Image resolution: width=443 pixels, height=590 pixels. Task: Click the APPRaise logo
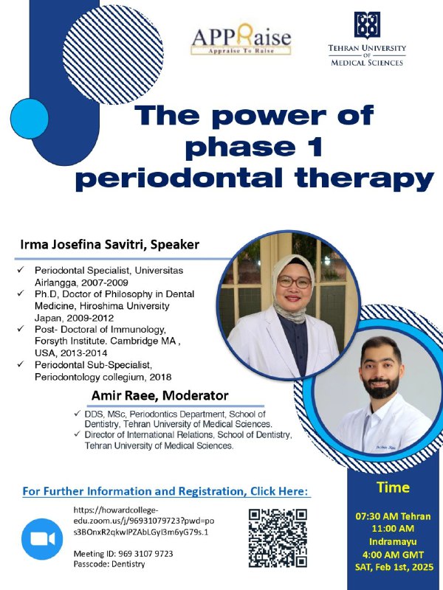pos(241,39)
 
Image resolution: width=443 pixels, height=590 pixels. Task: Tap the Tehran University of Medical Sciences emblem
pos(367,25)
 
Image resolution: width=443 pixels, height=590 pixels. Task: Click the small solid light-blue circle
pos(29,119)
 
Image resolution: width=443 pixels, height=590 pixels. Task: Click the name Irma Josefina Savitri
pos(83,245)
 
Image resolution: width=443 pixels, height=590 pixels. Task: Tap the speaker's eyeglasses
pos(294,282)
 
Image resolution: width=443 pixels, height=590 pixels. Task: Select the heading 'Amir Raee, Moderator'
pos(159,396)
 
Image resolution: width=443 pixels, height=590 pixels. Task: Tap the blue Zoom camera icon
pos(42,539)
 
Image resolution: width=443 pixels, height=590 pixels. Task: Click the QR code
pos(278,538)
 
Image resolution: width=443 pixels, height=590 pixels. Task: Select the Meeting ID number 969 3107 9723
pos(145,554)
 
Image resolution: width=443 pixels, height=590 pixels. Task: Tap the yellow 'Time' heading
pos(393,487)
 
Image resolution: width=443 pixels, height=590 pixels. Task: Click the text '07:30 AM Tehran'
pos(393,516)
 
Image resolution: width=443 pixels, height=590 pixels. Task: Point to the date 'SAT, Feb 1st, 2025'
pos(394,566)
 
